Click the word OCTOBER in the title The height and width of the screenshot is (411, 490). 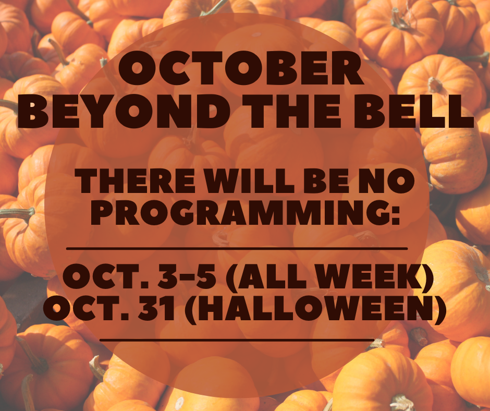(x=241, y=68)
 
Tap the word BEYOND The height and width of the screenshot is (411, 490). (x=124, y=111)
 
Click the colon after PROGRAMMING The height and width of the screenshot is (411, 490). (x=396, y=216)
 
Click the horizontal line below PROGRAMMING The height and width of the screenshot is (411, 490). (x=237, y=249)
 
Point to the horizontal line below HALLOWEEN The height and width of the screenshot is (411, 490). (x=237, y=340)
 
